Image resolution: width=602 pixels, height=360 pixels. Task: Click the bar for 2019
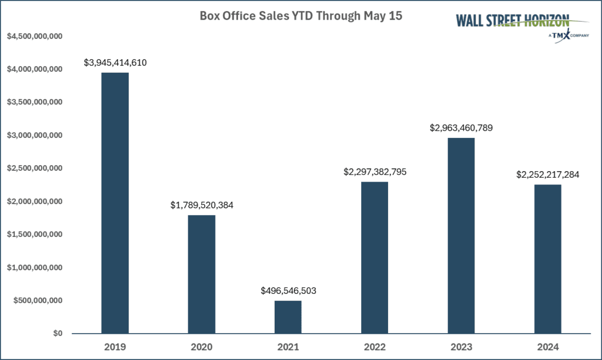(115, 203)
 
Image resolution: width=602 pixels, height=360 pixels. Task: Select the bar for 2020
(201, 274)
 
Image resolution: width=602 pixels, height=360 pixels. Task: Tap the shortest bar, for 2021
(288, 317)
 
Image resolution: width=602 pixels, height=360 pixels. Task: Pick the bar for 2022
(374, 257)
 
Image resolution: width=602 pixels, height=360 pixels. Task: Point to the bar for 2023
(461, 235)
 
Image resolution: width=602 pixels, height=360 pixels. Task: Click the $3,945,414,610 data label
(115, 63)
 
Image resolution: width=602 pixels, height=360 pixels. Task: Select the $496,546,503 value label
(288, 291)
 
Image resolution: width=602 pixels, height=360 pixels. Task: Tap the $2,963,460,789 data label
(461, 128)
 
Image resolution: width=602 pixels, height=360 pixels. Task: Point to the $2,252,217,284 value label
(547, 175)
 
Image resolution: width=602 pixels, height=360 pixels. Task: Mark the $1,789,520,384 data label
(201, 206)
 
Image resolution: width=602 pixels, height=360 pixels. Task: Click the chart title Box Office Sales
(300, 16)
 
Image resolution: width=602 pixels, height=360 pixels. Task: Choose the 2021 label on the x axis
(288, 347)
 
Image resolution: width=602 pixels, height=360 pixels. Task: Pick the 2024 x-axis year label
(547, 347)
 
